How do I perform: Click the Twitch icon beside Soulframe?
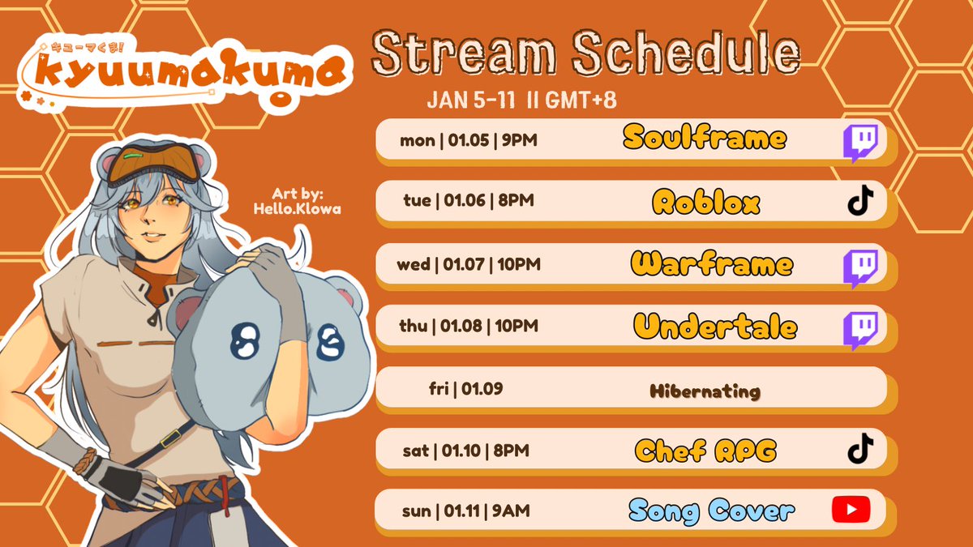click(x=859, y=143)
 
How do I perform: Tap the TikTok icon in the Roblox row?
click(x=860, y=201)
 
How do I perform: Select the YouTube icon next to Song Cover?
click(x=851, y=510)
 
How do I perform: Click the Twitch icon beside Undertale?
click(x=859, y=329)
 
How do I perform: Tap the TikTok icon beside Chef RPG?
click(x=860, y=448)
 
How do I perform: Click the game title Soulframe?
click(x=705, y=138)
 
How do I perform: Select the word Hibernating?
click(x=705, y=391)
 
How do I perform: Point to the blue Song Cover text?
click(x=710, y=511)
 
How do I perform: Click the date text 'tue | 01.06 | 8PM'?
click(x=469, y=200)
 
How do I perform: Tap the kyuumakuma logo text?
click(x=193, y=75)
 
